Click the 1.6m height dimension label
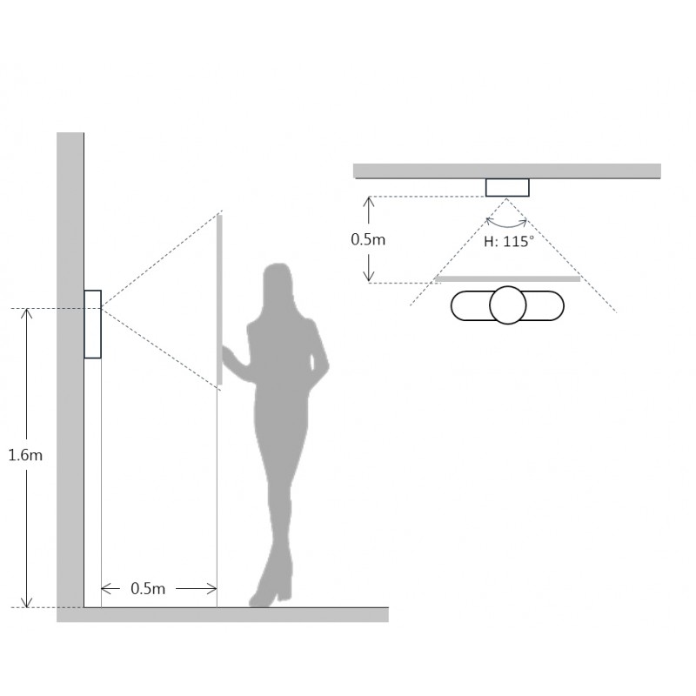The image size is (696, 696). (25, 455)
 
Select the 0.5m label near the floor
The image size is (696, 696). (148, 589)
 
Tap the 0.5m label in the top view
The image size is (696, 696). (368, 239)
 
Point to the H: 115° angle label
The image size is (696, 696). (509, 241)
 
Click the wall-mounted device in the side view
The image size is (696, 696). (93, 324)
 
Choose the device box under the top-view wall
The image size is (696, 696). (507, 187)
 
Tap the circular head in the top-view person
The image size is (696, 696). (508, 305)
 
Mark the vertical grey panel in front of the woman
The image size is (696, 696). (219, 299)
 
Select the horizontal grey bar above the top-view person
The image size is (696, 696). (507, 278)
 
